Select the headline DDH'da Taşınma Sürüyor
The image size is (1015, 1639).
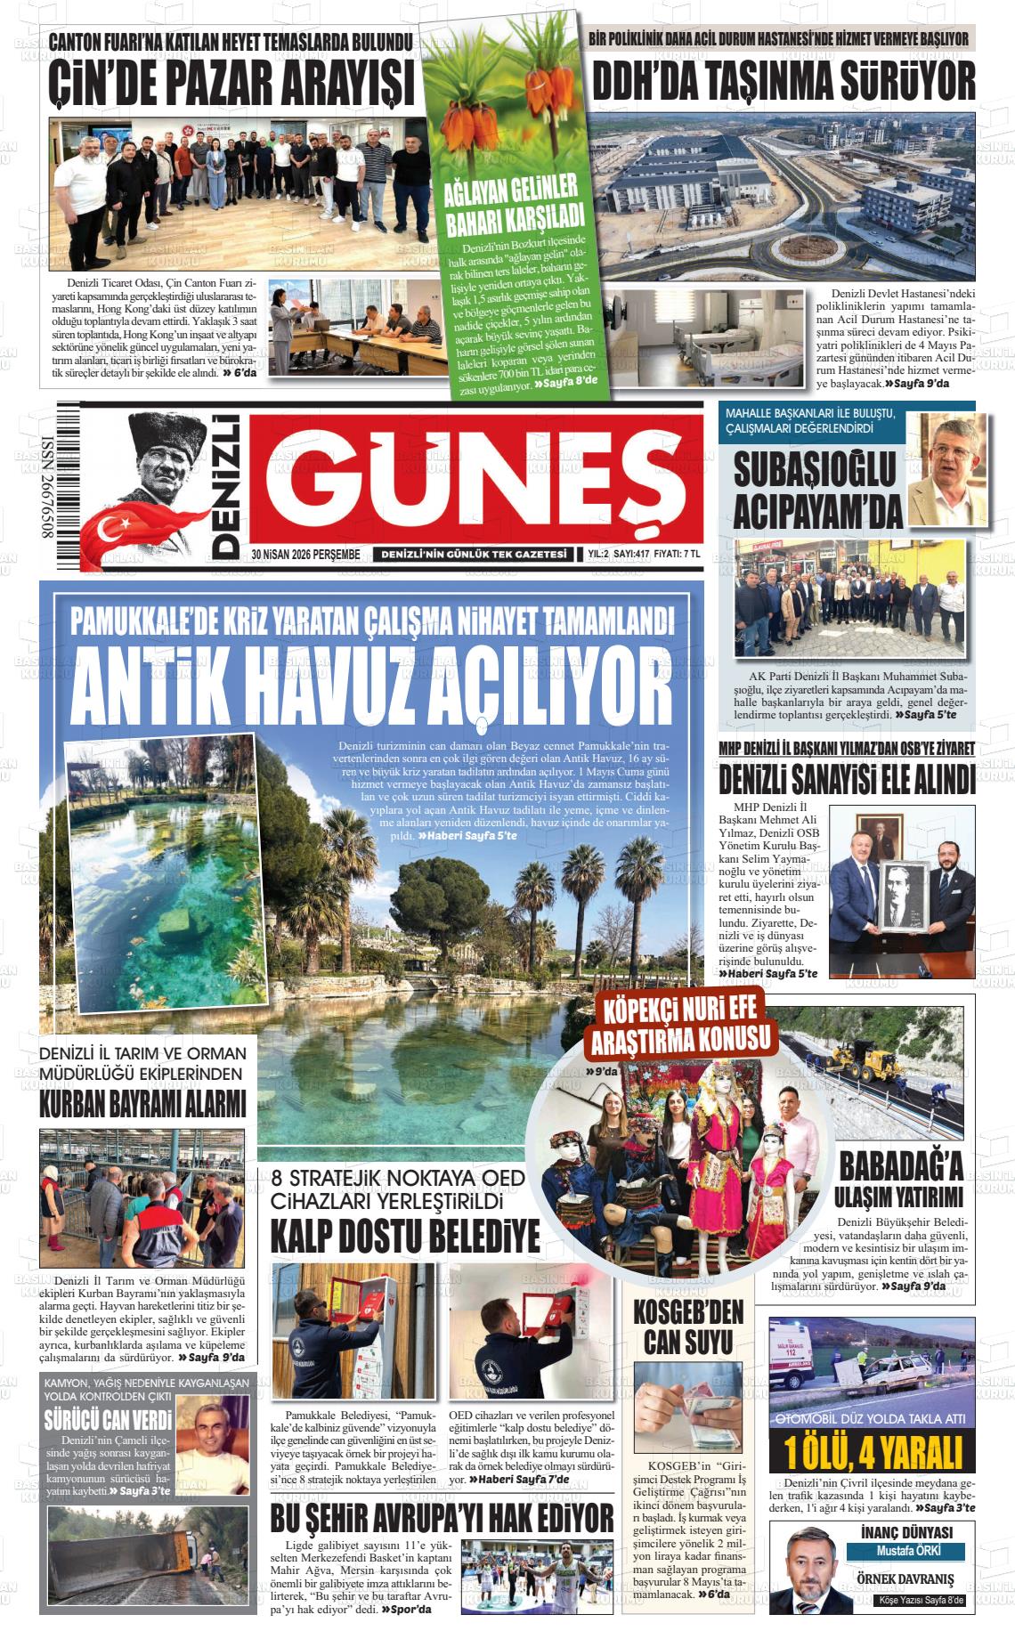pos(784,82)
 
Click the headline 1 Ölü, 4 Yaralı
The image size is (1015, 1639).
pos(873,1452)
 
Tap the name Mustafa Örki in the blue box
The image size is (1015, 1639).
pos(894,1551)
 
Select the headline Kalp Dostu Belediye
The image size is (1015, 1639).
pos(405,1237)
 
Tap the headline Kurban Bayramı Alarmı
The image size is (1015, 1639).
pos(142,1104)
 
